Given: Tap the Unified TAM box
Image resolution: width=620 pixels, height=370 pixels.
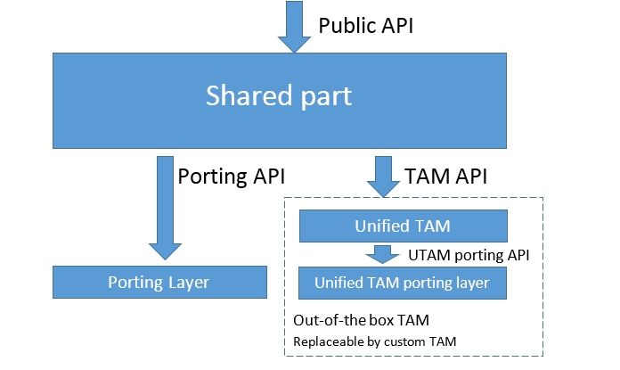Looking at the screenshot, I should [x=403, y=226].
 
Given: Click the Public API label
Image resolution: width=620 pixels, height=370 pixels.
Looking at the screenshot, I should [x=366, y=25].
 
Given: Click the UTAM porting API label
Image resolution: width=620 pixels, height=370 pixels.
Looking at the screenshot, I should [x=469, y=255].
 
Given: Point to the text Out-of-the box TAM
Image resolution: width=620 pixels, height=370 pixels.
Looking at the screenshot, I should [x=355, y=318].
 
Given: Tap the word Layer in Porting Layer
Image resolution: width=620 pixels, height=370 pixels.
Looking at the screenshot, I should [x=190, y=283].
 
